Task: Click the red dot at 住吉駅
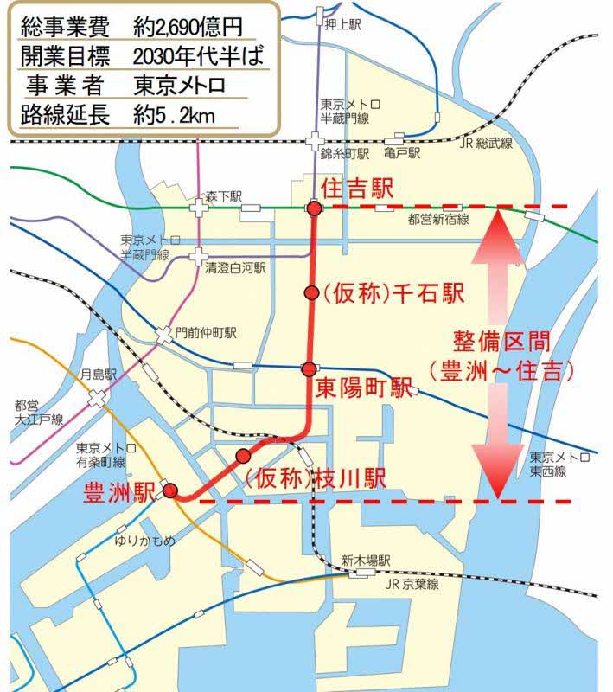click(314, 208)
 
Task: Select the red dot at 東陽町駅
click(309, 369)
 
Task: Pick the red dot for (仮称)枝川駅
click(243, 456)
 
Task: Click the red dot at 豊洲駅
click(169, 490)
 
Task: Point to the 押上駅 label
click(343, 25)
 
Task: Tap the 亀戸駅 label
click(402, 154)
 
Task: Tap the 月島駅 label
click(98, 375)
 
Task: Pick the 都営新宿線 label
click(437, 221)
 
